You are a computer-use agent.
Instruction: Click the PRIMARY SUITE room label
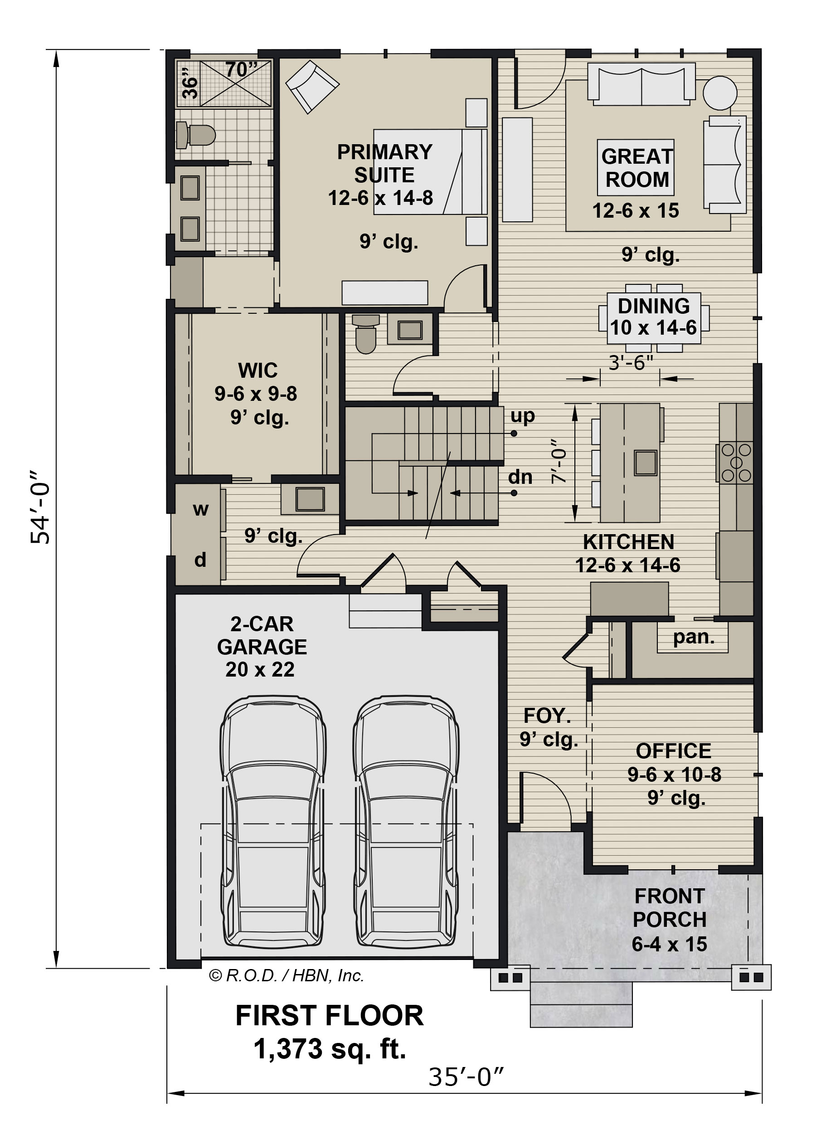click(384, 164)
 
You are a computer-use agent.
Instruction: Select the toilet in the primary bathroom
click(196, 135)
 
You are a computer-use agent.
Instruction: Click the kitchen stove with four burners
click(736, 462)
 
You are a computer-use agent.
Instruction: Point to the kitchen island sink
click(646, 463)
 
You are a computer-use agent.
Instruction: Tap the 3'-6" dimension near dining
click(631, 362)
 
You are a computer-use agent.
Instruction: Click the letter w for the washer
click(200, 510)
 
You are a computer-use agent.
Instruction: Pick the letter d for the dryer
click(200, 560)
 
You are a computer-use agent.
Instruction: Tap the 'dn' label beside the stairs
click(520, 477)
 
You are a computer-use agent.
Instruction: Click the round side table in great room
click(720, 93)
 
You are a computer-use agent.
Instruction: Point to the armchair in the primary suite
click(312, 87)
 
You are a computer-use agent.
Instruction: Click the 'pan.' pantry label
click(694, 638)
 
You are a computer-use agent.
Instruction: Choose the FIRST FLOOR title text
click(330, 1016)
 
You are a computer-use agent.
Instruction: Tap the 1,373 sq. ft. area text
click(330, 1049)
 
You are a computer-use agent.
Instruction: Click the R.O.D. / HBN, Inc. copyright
click(286, 975)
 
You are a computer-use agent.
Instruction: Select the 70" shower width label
click(241, 69)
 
